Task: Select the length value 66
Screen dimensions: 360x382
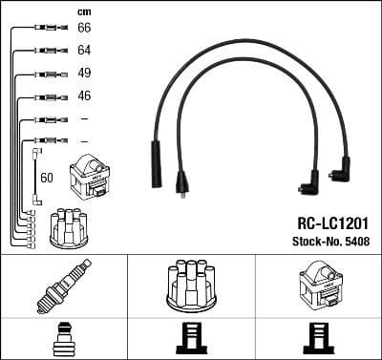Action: [x=84, y=30]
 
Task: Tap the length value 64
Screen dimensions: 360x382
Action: [x=84, y=51]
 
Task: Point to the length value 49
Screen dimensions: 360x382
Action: [x=84, y=74]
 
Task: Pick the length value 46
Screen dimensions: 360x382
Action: [x=84, y=96]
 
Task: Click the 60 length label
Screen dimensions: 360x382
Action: [x=47, y=178]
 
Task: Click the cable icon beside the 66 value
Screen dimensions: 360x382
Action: [x=47, y=30]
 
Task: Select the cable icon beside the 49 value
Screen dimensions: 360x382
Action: [x=47, y=74]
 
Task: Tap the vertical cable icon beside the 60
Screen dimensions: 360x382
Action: [x=36, y=176]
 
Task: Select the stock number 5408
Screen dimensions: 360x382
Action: [x=354, y=239]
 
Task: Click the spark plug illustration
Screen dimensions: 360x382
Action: [x=63, y=286]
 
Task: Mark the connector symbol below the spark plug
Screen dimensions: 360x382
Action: [x=63, y=338]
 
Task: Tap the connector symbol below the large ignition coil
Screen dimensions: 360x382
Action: [x=317, y=338]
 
